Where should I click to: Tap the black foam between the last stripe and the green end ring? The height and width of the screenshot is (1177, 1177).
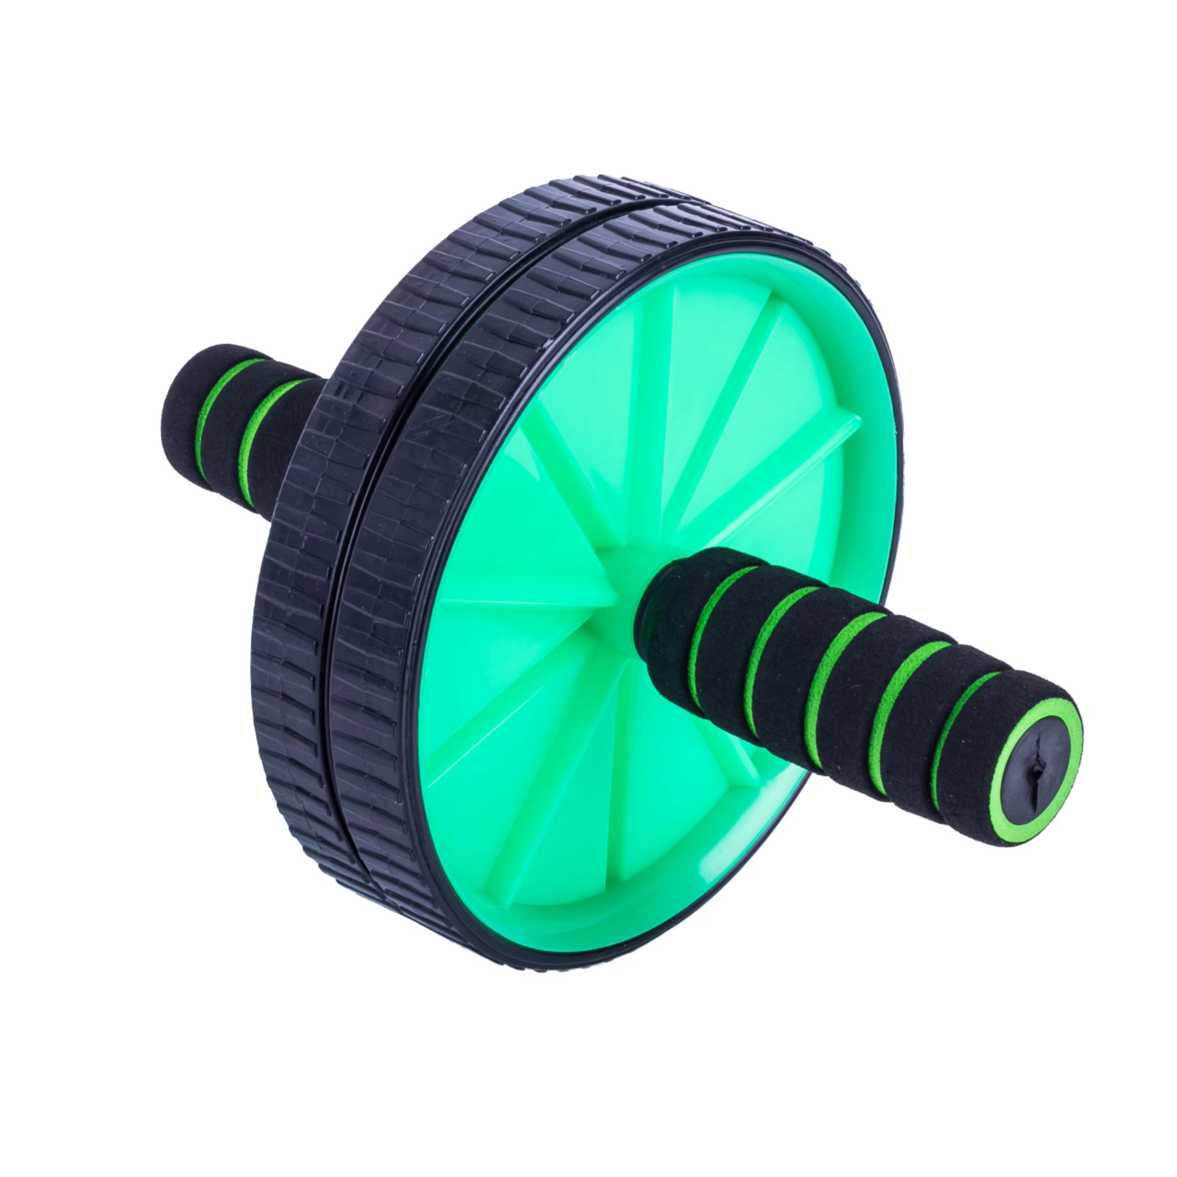[x=981, y=717]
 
